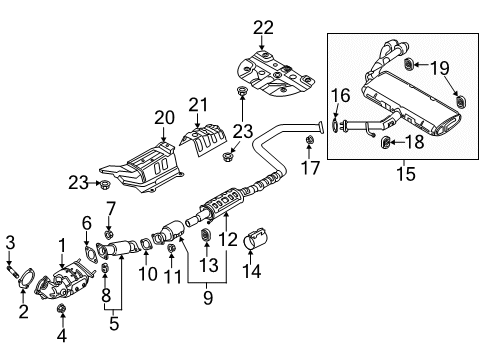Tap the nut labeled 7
[x=112, y=236]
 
